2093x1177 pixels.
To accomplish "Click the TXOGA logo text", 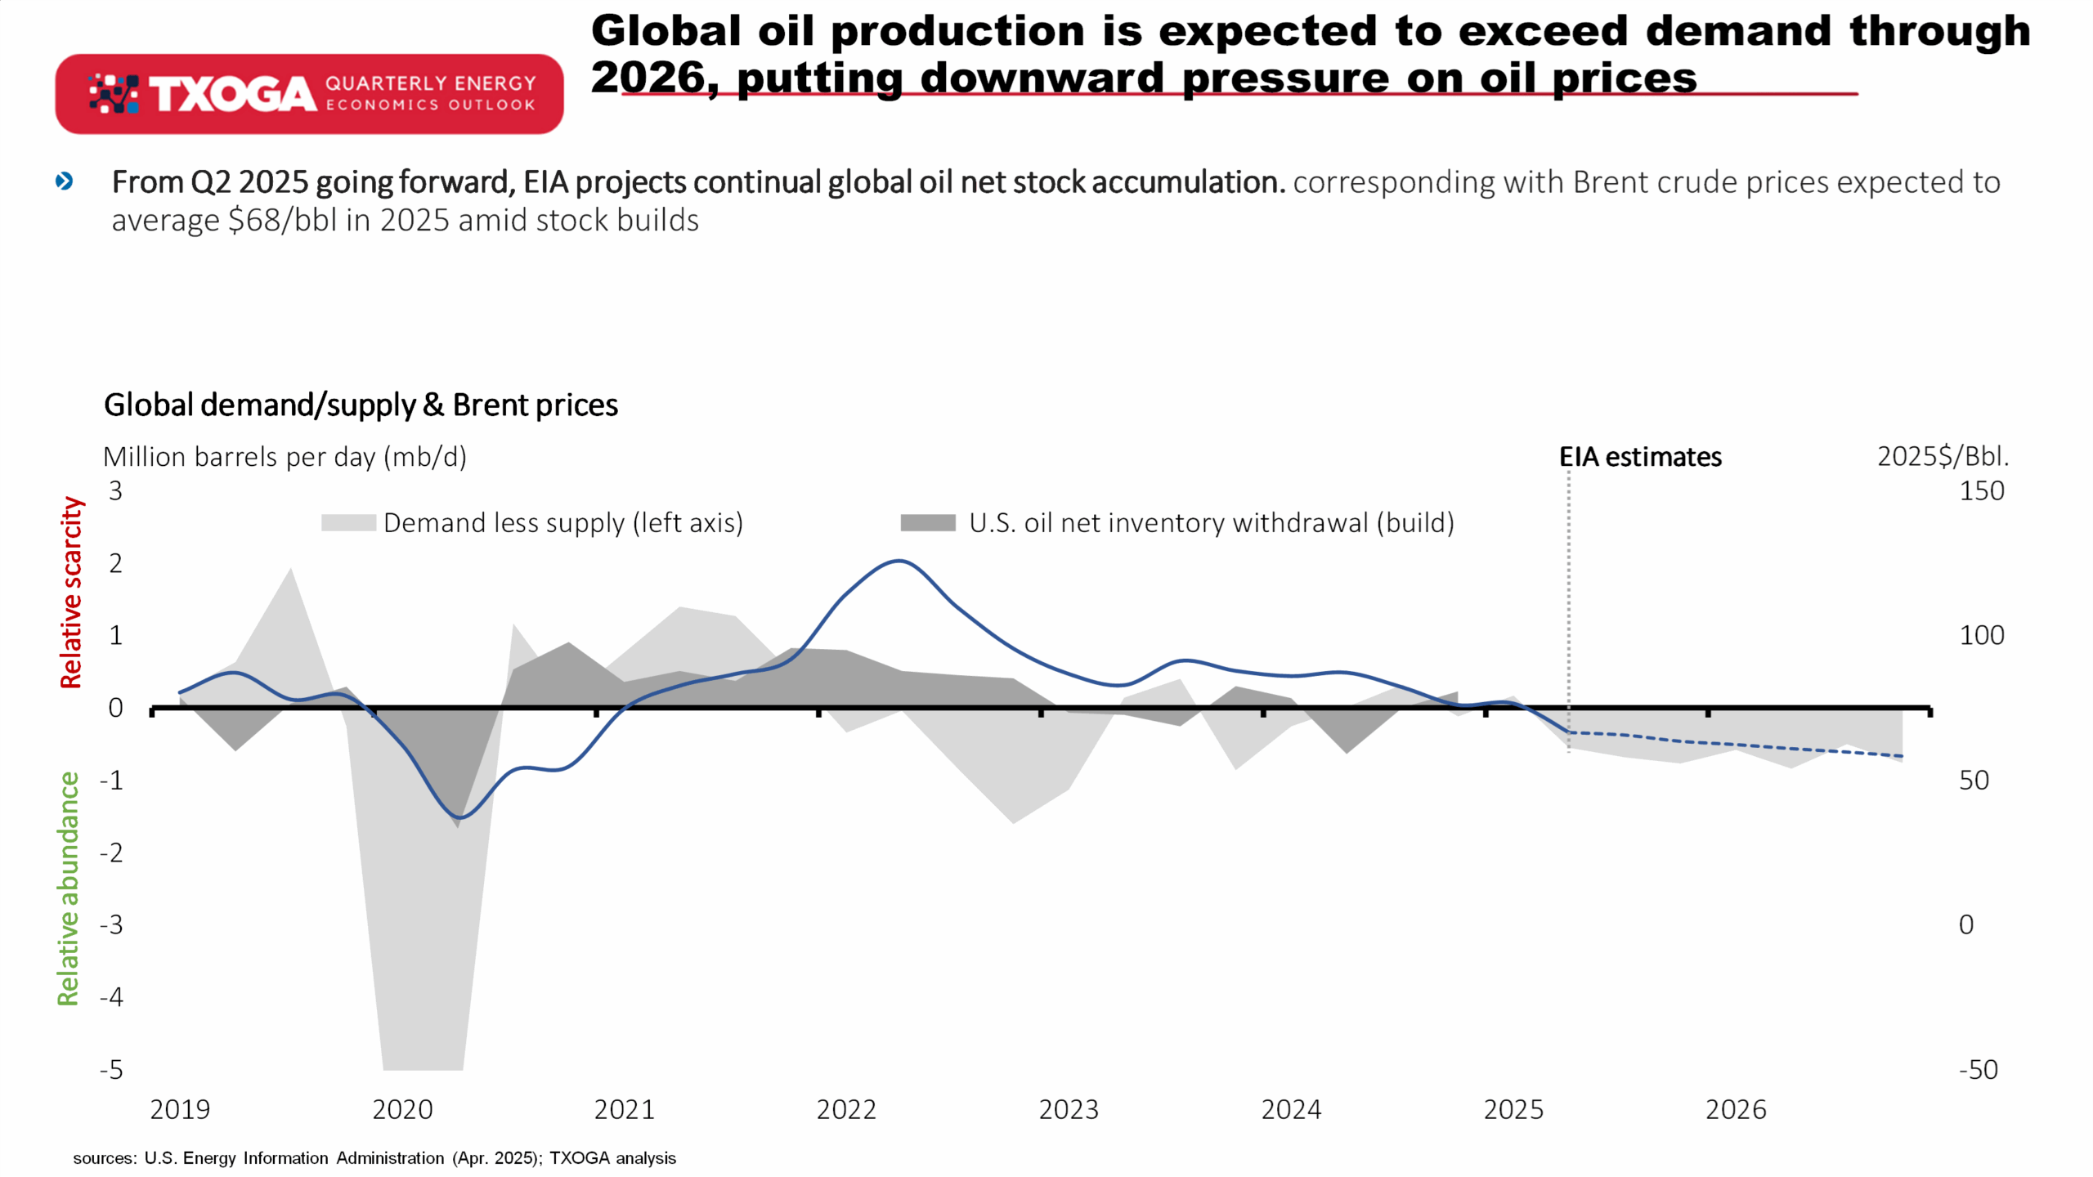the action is [x=232, y=95].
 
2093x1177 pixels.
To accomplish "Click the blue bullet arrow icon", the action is [x=64, y=181].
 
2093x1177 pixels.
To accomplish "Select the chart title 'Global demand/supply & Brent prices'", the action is [x=361, y=405].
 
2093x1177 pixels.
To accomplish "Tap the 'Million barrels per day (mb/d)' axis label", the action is [x=285, y=457].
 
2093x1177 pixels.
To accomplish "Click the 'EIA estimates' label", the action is [x=1640, y=457].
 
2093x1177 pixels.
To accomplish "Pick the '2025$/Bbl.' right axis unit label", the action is [x=1943, y=456].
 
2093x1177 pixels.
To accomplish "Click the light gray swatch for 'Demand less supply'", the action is [x=348, y=523].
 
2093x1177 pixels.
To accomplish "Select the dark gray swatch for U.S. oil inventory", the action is [x=928, y=523].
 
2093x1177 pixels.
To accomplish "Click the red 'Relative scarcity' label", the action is [x=71, y=593].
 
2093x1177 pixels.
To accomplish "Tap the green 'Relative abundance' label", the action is [x=69, y=888].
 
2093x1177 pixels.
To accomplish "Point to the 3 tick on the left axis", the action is [x=115, y=490].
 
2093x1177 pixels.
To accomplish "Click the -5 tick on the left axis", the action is [x=111, y=1069].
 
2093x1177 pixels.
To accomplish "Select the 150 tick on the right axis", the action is [x=1982, y=490].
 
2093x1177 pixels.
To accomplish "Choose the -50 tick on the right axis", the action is [x=1979, y=1069].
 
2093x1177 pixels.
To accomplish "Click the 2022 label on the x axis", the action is [x=846, y=1110].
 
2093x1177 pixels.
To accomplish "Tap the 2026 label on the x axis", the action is [x=1736, y=1110].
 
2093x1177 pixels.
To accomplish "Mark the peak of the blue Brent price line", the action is [x=899, y=561].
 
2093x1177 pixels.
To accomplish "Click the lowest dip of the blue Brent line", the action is [x=459, y=817].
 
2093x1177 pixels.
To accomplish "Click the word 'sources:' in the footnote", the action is [x=105, y=1158].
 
